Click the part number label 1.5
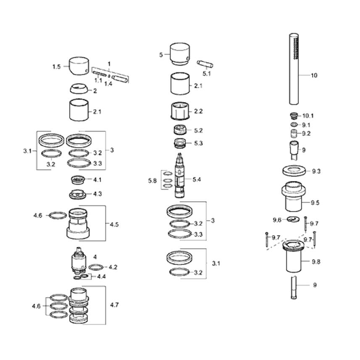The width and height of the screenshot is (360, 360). [56, 67]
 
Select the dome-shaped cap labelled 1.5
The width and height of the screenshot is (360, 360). [79, 66]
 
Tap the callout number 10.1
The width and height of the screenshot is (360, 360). [308, 116]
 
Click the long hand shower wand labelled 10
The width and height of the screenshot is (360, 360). [294, 69]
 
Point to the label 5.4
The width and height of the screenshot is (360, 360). [197, 179]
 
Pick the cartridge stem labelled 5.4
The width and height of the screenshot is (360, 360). [180, 176]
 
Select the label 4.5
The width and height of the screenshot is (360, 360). [114, 225]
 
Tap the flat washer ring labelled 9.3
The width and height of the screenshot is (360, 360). [294, 171]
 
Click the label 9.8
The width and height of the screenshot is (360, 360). [316, 262]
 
